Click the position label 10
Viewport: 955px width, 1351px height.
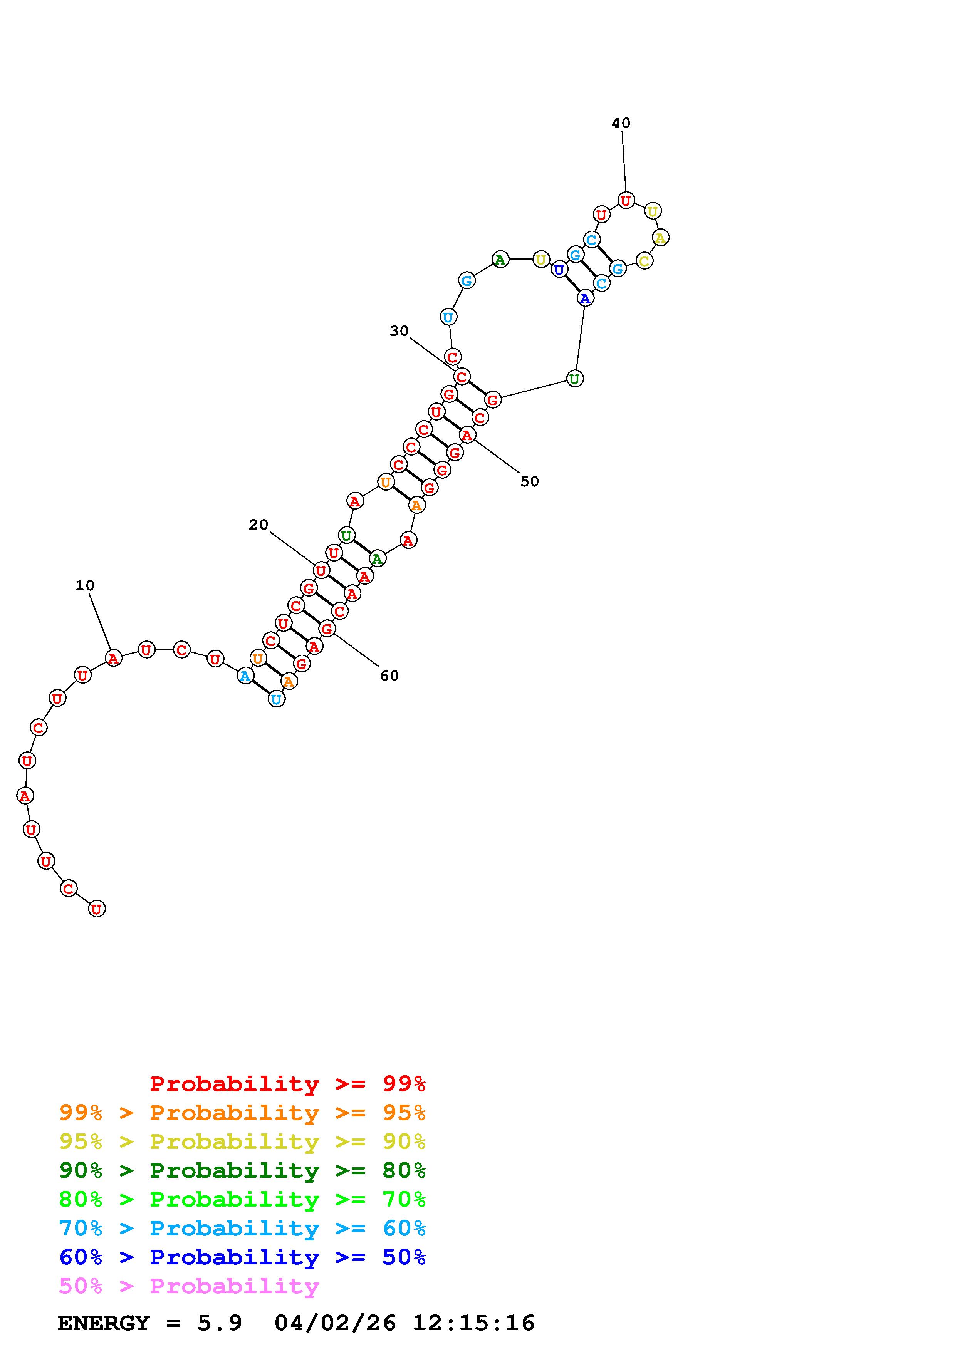point(85,585)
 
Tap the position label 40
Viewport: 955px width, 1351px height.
point(621,123)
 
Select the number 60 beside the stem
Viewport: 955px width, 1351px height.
point(389,675)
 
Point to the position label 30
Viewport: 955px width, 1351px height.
point(399,331)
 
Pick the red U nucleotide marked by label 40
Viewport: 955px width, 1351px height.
point(626,201)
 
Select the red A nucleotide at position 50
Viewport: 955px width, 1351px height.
point(467,435)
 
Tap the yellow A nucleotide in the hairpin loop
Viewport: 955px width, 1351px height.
point(660,238)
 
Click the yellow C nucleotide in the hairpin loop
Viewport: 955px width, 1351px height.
point(644,261)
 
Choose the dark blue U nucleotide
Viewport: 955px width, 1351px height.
point(559,270)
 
